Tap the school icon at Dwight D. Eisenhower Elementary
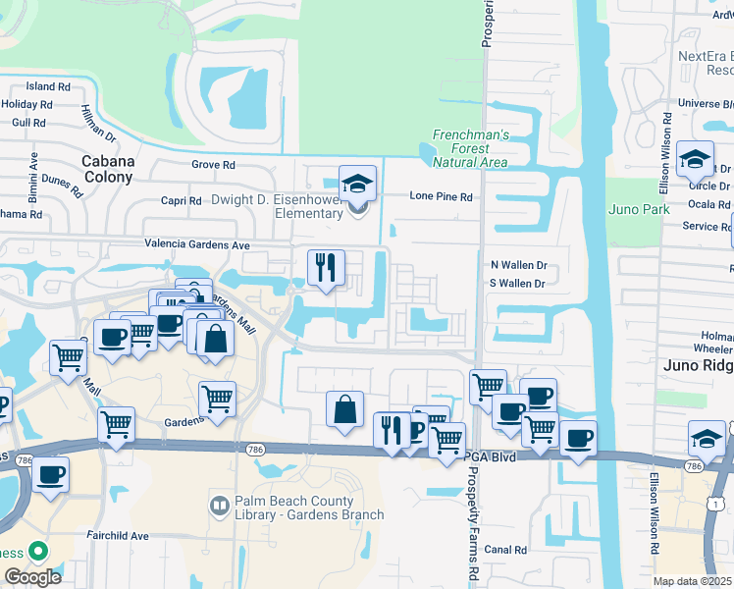[x=357, y=184]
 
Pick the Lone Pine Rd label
[x=441, y=196]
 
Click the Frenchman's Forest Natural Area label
[x=471, y=147]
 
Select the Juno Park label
[x=638, y=209]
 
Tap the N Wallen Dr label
[x=517, y=265]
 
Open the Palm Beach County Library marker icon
[x=220, y=507]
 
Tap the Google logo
[x=32, y=576]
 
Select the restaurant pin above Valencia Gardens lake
[x=326, y=266]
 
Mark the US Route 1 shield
[x=717, y=503]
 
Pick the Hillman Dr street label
[x=99, y=123]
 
